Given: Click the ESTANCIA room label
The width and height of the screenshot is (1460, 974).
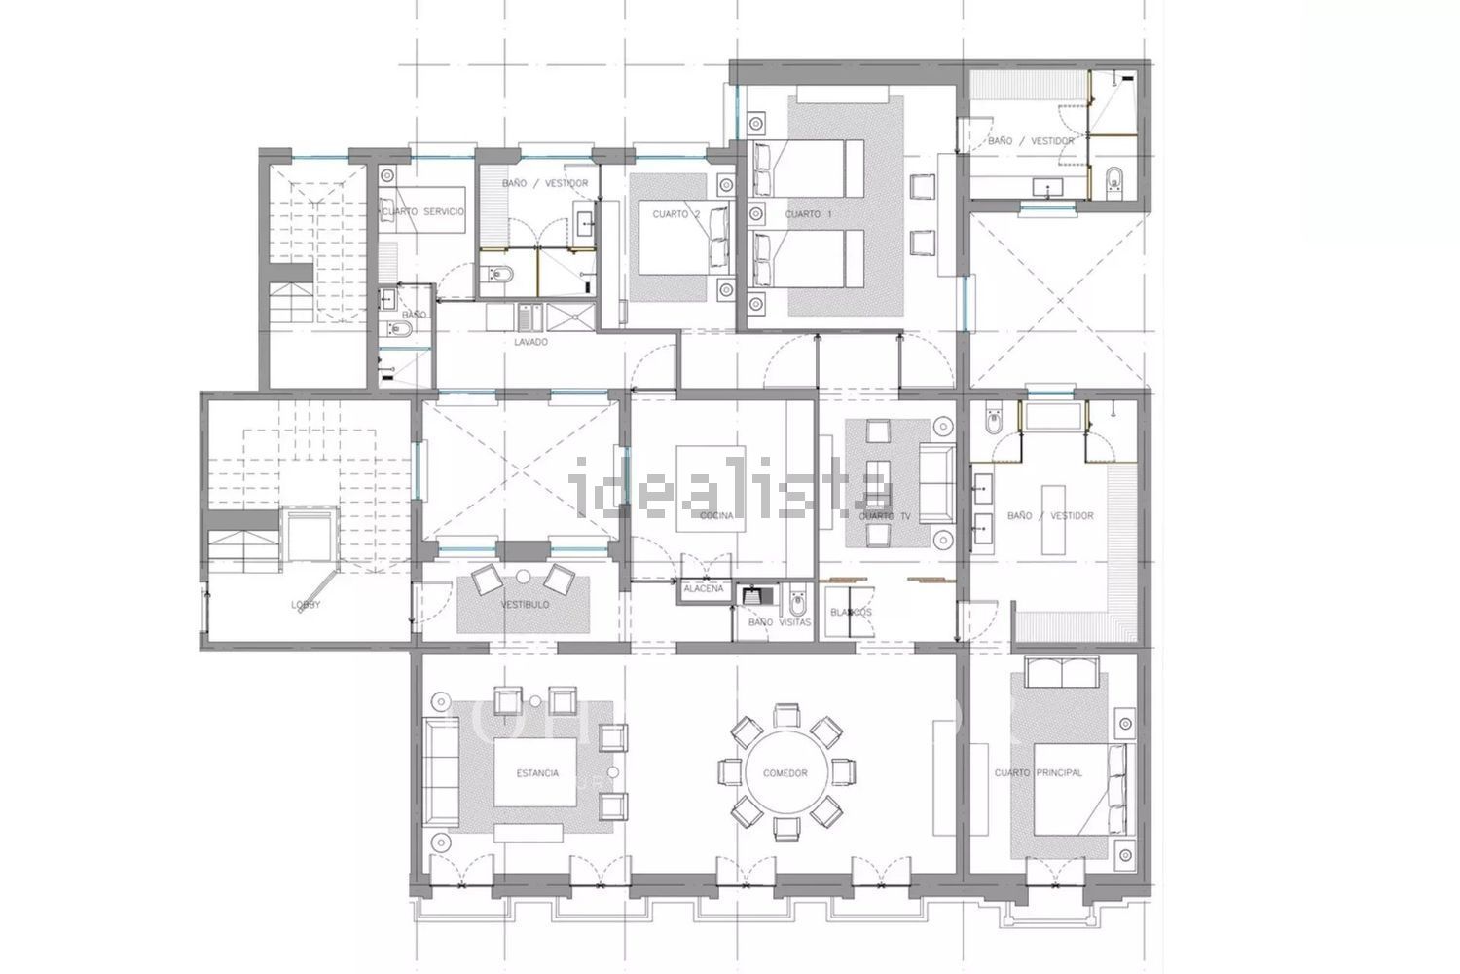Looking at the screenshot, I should (x=538, y=773).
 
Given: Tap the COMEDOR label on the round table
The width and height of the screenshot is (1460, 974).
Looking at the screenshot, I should (x=785, y=773).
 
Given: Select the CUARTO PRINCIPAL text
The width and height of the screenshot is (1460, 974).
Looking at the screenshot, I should (x=1038, y=773).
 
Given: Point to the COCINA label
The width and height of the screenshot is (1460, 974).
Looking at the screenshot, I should (x=716, y=515).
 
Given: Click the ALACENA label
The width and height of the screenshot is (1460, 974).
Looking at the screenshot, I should (x=703, y=589).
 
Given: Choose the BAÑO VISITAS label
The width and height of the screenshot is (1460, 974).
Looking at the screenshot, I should (x=779, y=622).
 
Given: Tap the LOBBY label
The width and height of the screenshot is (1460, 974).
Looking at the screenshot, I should (x=306, y=605).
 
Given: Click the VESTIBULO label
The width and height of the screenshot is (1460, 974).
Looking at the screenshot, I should (x=525, y=605).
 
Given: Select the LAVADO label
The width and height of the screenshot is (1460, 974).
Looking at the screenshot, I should (x=531, y=342).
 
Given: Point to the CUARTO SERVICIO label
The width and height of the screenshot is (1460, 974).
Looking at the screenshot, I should (x=423, y=211).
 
